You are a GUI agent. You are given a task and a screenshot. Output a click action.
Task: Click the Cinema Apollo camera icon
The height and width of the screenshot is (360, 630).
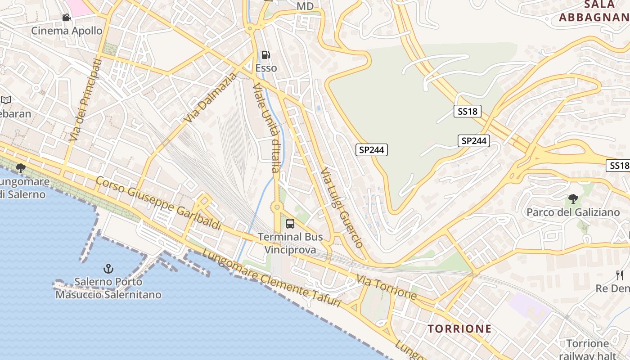[67, 18]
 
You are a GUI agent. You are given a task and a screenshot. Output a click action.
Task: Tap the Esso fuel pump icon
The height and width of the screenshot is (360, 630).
[266, 55]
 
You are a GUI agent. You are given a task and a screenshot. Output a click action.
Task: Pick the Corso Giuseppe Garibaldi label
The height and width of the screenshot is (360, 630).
[159, 203]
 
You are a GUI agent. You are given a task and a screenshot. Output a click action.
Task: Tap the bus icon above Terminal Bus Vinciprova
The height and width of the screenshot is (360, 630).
[290, 223]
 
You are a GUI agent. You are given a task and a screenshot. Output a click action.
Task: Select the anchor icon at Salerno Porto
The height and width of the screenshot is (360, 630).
[108, 269]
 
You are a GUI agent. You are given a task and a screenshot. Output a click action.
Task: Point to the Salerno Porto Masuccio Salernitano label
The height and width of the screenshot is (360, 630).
[108, 288]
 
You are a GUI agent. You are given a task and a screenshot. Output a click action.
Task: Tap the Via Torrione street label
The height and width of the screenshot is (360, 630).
[387, 288]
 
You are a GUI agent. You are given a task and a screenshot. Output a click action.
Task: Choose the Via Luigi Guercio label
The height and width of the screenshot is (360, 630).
[342, 208]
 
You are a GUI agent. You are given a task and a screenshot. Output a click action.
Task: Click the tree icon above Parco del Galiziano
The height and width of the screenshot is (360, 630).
[573, 198]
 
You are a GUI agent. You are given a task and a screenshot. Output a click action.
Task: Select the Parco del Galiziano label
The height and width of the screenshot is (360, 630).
[573, 212]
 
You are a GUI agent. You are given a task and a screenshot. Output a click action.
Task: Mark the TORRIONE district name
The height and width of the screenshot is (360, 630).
[459, 328]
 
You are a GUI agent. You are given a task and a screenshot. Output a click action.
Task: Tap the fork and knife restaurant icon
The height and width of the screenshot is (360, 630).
[620, 275]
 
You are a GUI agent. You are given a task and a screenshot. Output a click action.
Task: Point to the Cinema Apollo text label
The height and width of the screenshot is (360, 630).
[67, 31]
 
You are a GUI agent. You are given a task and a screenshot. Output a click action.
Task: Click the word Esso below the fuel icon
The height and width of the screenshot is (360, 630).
[266, 68]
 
